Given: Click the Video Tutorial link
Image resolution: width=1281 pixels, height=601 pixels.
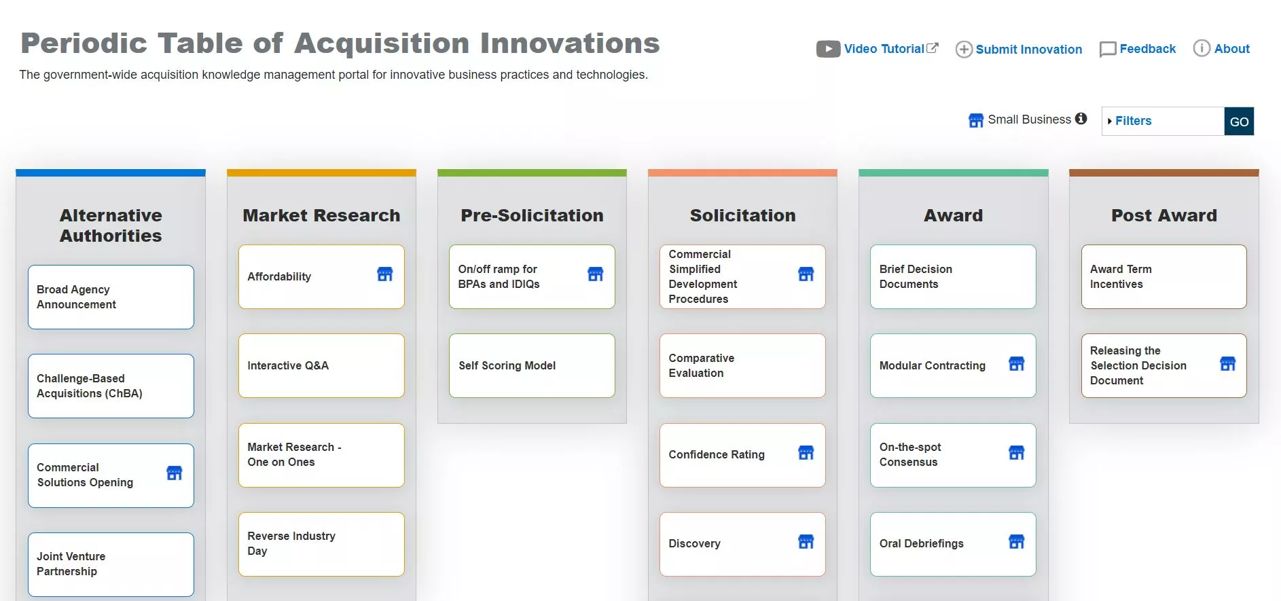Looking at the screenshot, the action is coord(878,49).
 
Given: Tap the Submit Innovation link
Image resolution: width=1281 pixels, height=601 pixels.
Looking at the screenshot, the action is coord(1019,49).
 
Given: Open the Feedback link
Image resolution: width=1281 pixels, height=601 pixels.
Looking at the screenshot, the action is coord(1138,49).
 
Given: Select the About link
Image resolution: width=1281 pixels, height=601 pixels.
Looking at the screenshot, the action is coord(1222,49).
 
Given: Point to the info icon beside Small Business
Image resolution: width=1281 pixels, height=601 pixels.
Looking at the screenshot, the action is coord(1081,119).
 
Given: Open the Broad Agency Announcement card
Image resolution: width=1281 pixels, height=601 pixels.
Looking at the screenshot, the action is coord(111,297).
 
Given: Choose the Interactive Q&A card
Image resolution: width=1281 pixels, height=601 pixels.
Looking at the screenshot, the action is coord(321,365).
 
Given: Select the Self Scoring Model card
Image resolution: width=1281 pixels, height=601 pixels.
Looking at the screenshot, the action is coord(532,365).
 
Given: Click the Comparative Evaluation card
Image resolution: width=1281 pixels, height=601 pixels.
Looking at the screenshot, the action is coord(742,365).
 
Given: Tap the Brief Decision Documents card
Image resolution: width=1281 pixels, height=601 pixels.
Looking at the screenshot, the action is coord(953,276).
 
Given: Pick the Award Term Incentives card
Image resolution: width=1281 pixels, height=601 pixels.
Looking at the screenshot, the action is coord(1164,276).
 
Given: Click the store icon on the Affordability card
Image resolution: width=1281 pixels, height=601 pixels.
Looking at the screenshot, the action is coord(385,274).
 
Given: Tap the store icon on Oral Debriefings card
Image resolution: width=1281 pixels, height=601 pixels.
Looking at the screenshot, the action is coord(1017,542).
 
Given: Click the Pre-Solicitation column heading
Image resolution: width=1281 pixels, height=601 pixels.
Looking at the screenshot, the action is coord(532,215).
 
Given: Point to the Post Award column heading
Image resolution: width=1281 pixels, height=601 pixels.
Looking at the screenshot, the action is coord(1164,215).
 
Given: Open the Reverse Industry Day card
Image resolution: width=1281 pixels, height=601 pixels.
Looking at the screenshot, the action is coord(321,544).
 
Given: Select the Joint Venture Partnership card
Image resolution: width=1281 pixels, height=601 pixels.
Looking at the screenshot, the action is coord(111,564).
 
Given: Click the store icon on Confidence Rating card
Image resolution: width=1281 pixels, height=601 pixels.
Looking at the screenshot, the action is coord(806,453).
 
